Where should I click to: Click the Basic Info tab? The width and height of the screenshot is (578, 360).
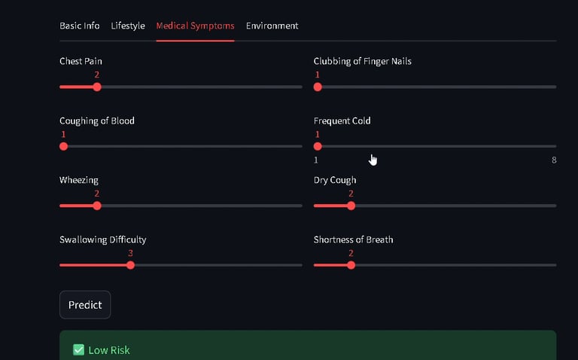point(79,26)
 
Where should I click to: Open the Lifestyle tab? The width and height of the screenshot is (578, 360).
point(128,26)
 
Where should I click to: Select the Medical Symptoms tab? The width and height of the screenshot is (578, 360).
point(195,26)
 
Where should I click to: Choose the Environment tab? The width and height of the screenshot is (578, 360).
point(272,26)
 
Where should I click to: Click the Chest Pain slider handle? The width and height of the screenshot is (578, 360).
point(97,87)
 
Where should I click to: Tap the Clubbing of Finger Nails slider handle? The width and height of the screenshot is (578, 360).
point(318,87)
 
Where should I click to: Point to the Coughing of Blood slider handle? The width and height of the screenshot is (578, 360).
point(64,146)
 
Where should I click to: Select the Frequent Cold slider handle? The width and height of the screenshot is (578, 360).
point(318,146)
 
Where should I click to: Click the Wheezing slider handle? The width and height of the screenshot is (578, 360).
point(97,206)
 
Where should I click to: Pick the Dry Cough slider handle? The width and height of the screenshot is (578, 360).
point(351,206)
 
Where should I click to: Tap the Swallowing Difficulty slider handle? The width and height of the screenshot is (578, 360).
point(130,265)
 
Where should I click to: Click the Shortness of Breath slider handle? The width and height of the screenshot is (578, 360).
point(351,265)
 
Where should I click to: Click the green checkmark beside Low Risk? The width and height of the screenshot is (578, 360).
point(78,349)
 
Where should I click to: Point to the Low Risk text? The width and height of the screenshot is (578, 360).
point(109,350)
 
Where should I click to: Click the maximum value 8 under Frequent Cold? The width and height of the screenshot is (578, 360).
point(554,160)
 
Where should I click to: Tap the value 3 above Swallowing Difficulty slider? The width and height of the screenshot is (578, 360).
point(130,253)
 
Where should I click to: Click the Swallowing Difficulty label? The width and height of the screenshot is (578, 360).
point(102,239)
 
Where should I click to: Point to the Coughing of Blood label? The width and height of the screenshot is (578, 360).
point(97,121)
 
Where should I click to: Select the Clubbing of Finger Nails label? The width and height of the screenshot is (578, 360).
point(362,61)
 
